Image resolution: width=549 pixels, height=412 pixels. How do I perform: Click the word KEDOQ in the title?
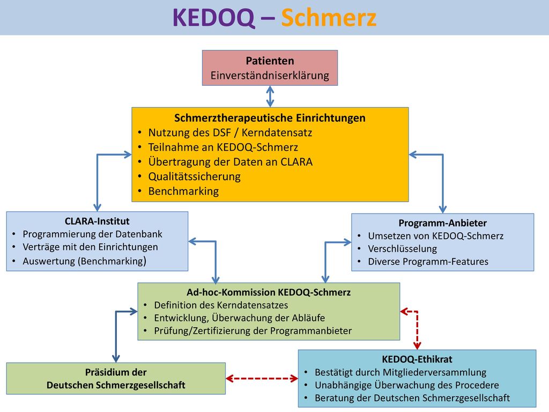click(x=213, y=18)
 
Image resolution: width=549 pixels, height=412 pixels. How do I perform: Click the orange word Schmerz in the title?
click(x=329, y=18)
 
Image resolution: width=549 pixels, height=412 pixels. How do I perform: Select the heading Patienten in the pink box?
click(x=270, y=61)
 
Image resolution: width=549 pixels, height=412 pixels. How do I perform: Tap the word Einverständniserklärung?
click(x=270, y=75)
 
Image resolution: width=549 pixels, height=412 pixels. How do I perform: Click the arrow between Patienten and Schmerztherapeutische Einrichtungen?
click(x=270, y=97)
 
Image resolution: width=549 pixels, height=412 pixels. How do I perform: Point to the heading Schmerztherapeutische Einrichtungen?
click(x=270, y=117)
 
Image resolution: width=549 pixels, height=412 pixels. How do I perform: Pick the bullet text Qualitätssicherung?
click(x=194, y=176)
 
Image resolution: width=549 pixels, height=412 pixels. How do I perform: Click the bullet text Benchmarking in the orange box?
click(x=183, y=192)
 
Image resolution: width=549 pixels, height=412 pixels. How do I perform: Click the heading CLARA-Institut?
click(x=97, y=221)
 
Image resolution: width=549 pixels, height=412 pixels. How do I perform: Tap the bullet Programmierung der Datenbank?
click(x=92, y=234)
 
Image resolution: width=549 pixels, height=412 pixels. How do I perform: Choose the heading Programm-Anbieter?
click(x=442, y=223)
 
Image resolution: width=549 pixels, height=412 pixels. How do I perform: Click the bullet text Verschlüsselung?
click(x=402, y=249)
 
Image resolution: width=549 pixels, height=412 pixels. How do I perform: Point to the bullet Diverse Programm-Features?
click(x=428, y=262)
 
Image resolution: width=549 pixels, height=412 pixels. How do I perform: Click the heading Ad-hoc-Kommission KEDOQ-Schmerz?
click(x=269, y=292)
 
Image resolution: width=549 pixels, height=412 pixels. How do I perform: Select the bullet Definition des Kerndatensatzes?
click(x=221, y=305)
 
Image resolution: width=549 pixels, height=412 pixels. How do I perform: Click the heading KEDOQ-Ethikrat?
click(x=417, y=359)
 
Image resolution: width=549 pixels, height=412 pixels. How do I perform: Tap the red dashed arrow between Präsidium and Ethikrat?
click(x=262, y=378)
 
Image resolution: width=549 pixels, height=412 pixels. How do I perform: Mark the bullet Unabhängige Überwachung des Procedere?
click(x=406, y=385)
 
